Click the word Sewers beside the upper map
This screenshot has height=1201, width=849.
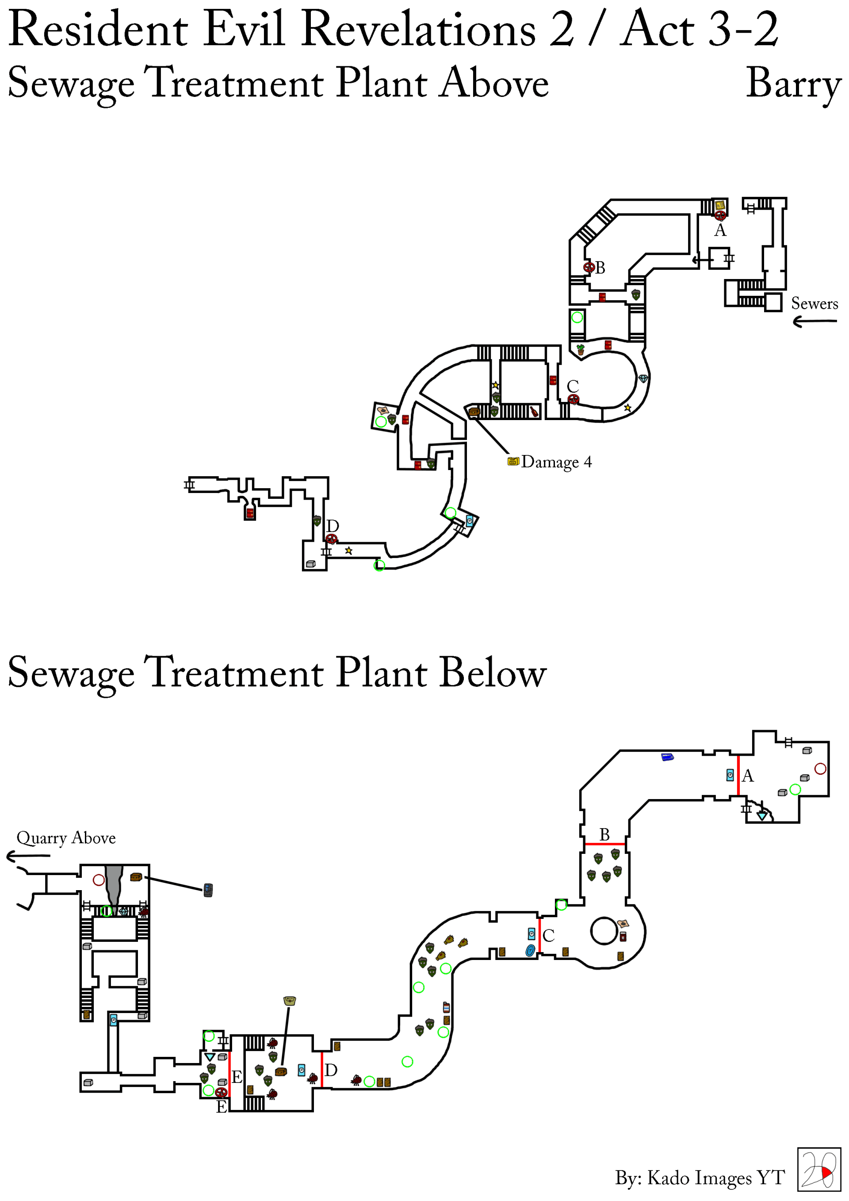coord(814,303)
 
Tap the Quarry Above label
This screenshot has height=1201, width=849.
coord(66,838)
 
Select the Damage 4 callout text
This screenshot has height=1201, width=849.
coord(556,462)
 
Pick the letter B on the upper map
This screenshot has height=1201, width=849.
coord(600,268)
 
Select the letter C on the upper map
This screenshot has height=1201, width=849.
coord(573,386)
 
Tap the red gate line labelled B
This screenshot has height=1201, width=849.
coord(605,844)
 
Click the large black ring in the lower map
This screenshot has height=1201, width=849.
coord(604,931)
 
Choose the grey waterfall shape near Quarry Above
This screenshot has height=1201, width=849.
coord(114,884)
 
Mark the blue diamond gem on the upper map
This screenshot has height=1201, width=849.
coord(643,378)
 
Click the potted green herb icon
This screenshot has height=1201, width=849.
coord(580,349)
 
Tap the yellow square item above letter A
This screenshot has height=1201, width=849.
coord(720,205)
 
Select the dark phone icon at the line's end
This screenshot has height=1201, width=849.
coord(208,890)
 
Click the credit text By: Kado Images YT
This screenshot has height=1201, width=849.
coord(700,1178)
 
